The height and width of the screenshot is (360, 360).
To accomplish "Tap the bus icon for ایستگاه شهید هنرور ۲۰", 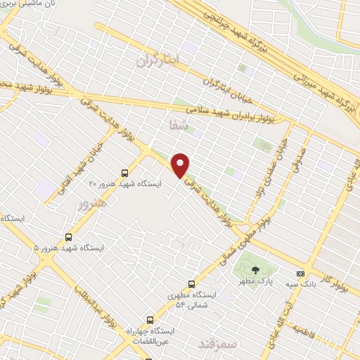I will (125, 172).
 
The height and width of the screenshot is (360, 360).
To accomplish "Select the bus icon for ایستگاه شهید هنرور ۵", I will (69, 236).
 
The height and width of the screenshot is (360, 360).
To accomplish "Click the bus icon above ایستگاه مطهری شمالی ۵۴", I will (188, 283).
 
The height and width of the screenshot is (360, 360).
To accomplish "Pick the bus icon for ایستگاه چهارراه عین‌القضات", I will (148, 318).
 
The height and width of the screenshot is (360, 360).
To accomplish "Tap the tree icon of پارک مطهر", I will (255, 269).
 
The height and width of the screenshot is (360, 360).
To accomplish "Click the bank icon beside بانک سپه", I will (301, 274).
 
